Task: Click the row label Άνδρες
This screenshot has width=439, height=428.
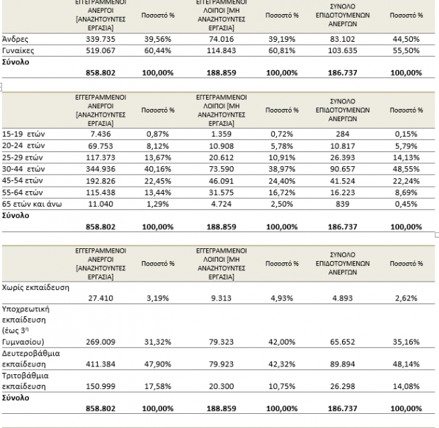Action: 15,39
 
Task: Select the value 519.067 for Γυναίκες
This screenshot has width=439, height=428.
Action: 101,51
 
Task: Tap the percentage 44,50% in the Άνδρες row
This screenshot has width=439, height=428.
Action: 406,39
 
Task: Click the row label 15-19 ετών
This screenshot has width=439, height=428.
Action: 23,134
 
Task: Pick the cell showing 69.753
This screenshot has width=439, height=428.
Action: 101,146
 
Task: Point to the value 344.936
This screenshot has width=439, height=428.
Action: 101,169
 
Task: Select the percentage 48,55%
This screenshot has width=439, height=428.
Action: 406,169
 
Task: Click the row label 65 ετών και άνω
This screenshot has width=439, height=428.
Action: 32,204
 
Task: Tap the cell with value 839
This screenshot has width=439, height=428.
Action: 343,204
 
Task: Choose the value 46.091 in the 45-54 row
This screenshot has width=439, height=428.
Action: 221,181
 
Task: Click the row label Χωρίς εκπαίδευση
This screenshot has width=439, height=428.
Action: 35,287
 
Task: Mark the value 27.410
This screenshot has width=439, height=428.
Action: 101,299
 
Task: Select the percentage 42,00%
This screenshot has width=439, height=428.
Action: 282,342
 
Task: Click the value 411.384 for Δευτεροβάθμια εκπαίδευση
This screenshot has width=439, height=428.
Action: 101,364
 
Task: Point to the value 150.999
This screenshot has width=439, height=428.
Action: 101,386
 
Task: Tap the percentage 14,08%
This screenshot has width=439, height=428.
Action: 406,386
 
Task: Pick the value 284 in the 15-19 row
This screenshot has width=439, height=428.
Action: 343,134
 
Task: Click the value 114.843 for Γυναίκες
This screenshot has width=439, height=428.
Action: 221,51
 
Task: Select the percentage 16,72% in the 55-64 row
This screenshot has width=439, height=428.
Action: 282,192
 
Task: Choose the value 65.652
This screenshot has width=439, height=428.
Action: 343,342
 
